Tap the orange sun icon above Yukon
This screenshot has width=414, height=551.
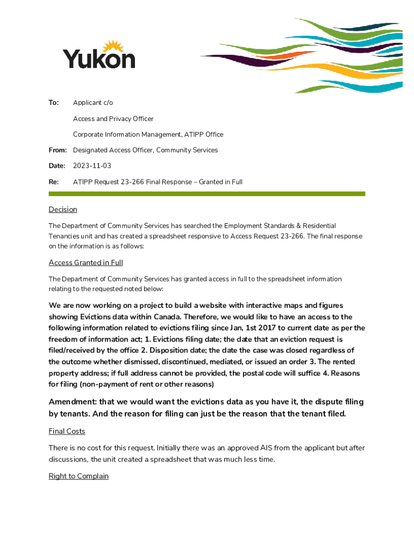click(x=114, y=47)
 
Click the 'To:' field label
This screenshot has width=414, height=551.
click(x=54, y=103)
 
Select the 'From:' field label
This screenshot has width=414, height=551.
click(x=58, y=150)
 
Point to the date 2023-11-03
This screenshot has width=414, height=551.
click(x=92, y=166)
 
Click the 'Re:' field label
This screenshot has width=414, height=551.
click(x=54, y=182)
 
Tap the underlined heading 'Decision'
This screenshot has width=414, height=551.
click(x=63, y=209)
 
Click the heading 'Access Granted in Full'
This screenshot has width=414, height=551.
click(x=85, y=263)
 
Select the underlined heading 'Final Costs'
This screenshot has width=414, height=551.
click(x=67, y=431)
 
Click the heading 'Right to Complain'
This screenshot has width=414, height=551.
click(x=78, y=476)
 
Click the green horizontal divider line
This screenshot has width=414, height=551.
click(x=206, y=194)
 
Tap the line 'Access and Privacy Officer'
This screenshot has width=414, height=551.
click(x=113, y=119)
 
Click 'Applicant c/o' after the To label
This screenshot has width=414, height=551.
click(x=93, y=103)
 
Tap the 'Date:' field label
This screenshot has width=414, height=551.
click(x=57, y=166)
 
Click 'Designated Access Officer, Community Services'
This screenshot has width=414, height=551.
click(x=145, y=150)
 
